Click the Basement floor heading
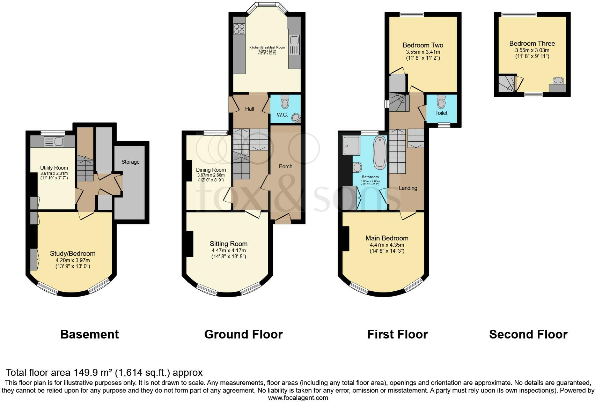(x=89, y=334)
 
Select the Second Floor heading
(x=528, y=334)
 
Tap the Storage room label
(x=130, y=162)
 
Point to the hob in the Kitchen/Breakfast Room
(x=240, y=29)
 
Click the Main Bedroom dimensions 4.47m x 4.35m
(x=387, y=245)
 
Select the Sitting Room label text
(x=228, y=244)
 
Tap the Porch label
(x=285, y=166)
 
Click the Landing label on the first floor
(x=408, y=188)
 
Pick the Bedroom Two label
(x=423, y=45)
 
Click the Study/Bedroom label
(x=73, y=254)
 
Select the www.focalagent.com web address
(x=298, y=397)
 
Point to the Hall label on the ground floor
(x=249, y=109)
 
